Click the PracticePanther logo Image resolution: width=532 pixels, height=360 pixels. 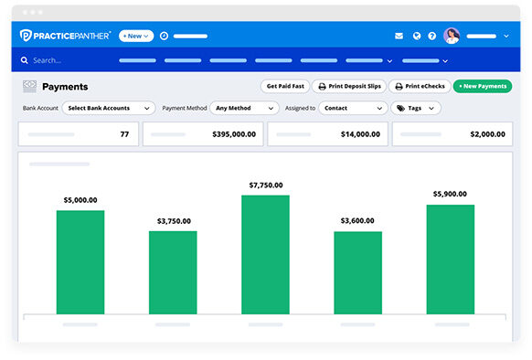[x=66, y=36]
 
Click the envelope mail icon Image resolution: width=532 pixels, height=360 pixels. [x=399, y=36]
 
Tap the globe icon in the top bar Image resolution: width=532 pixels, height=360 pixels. [x=416, y=36]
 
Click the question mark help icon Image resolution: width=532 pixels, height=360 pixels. [x=432, y=36]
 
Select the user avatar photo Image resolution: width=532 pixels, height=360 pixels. [x=452, y=36]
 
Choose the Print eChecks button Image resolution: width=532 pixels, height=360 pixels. [x=419, y=86]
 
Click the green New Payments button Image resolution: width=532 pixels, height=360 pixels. [x=483, y=86]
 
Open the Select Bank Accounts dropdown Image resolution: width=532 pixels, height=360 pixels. [x=108, y=108]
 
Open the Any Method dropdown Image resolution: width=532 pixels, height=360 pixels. [x=242, y=108]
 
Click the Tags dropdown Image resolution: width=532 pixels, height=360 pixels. [x=416, y=108]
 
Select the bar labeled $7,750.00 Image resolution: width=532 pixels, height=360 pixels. [x=265, y=254]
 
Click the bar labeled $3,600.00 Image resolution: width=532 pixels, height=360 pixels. [x=357, y=272]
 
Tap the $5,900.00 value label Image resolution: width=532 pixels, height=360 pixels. [x=450, y=194]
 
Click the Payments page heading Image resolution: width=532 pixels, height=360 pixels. [x=65, y=87]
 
